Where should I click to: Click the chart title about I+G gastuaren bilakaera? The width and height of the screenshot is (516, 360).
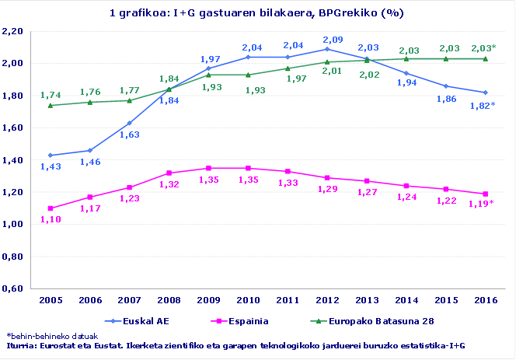[x=257, y=14]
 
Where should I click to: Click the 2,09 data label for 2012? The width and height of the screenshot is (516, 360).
[x=327, y=40]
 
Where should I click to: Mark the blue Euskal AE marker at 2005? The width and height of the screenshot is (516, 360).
[x=51, y=156]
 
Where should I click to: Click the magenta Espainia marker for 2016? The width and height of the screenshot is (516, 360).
[x=486, y=194]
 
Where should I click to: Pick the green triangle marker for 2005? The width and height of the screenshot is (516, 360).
[x=51, y=105]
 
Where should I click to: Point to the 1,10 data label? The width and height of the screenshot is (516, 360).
[x=51, y=220]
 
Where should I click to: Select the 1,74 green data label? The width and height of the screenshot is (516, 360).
[x=51, y=94]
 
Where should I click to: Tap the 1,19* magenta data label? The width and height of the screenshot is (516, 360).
[x=481, y=205]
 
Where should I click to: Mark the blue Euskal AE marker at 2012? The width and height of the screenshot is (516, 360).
[x=327, y=49]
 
